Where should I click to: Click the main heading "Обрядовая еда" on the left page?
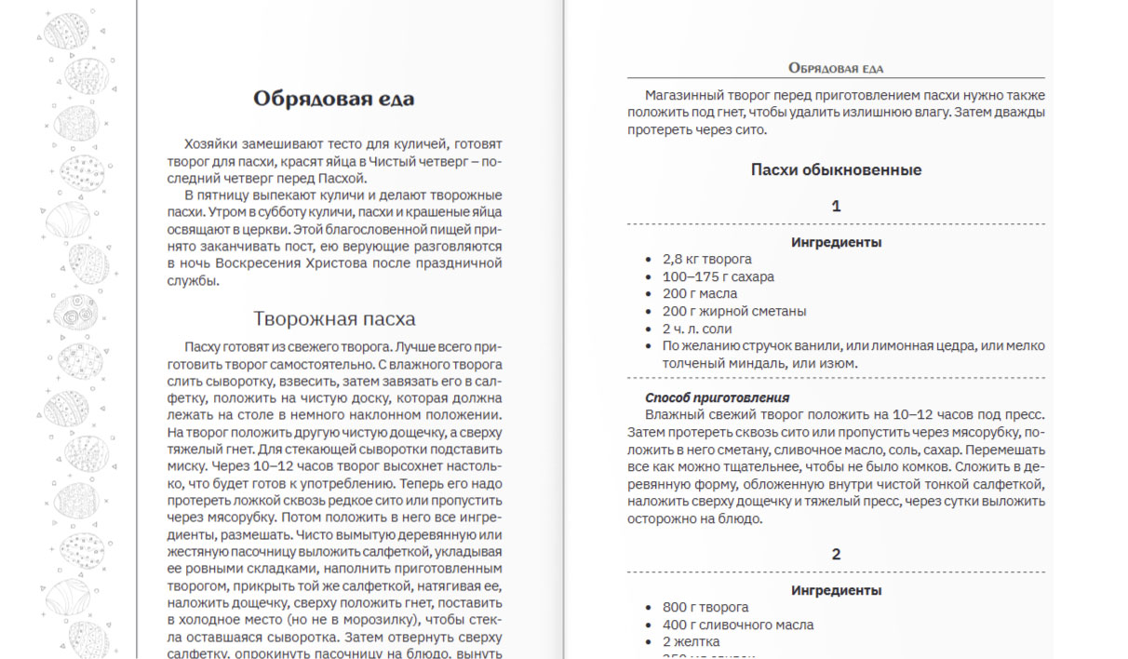[333, 99]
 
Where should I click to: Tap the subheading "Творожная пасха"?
[333, 318]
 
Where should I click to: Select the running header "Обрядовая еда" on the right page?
[835, 68]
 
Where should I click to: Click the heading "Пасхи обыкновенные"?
[836, 169]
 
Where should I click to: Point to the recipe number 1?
[836, 206]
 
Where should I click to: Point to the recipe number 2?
[836, 554]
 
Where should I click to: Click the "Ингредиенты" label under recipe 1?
[836, 242]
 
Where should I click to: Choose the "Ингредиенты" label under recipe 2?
[836, 590]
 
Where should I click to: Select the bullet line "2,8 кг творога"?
[706, 260]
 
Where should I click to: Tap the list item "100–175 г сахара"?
[718, 276]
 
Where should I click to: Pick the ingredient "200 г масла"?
[699, 294]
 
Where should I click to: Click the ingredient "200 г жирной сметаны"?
[734, 311]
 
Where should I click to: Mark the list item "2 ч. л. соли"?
[697, 329]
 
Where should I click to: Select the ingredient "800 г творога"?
[705, 608]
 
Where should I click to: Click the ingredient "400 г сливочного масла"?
[737, 625]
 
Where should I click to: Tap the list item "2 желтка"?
[691, 642]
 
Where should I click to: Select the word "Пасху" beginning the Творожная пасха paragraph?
[204, 345]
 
